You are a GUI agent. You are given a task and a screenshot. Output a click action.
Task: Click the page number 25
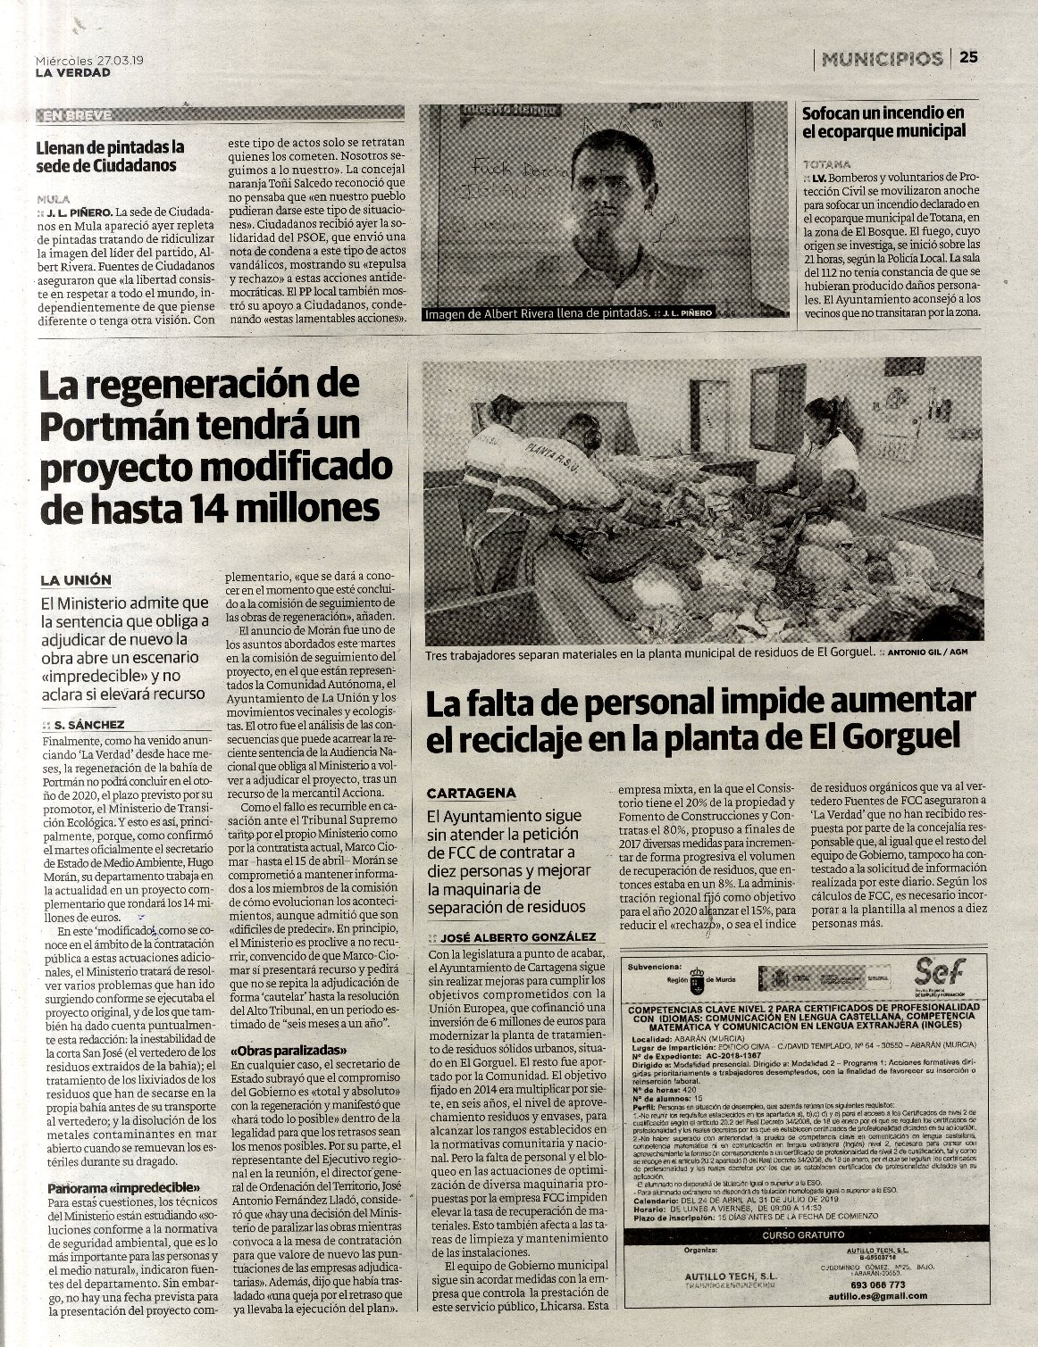click(x=969, y=57)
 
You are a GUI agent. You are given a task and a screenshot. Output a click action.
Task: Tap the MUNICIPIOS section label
click(x=882, y=58)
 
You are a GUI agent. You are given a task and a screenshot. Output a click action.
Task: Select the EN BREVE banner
click(x=77, y=115)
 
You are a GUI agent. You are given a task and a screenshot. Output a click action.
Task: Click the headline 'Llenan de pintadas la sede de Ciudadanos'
click(x=106, y=156)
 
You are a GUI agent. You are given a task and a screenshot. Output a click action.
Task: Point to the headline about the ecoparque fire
click(x=883, y=121)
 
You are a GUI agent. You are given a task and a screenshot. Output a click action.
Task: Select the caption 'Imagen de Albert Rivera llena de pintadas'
click(x=536, y=313)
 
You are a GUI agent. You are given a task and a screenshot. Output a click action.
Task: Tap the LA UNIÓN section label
click(x=76, y=579)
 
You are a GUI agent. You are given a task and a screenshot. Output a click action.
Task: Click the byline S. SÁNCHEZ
click(x=88, y=724)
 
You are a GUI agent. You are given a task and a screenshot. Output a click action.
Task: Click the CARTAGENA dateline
click(x=471, y=793)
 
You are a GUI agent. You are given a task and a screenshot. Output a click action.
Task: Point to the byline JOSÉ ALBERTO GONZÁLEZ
click(x=517, y=936)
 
